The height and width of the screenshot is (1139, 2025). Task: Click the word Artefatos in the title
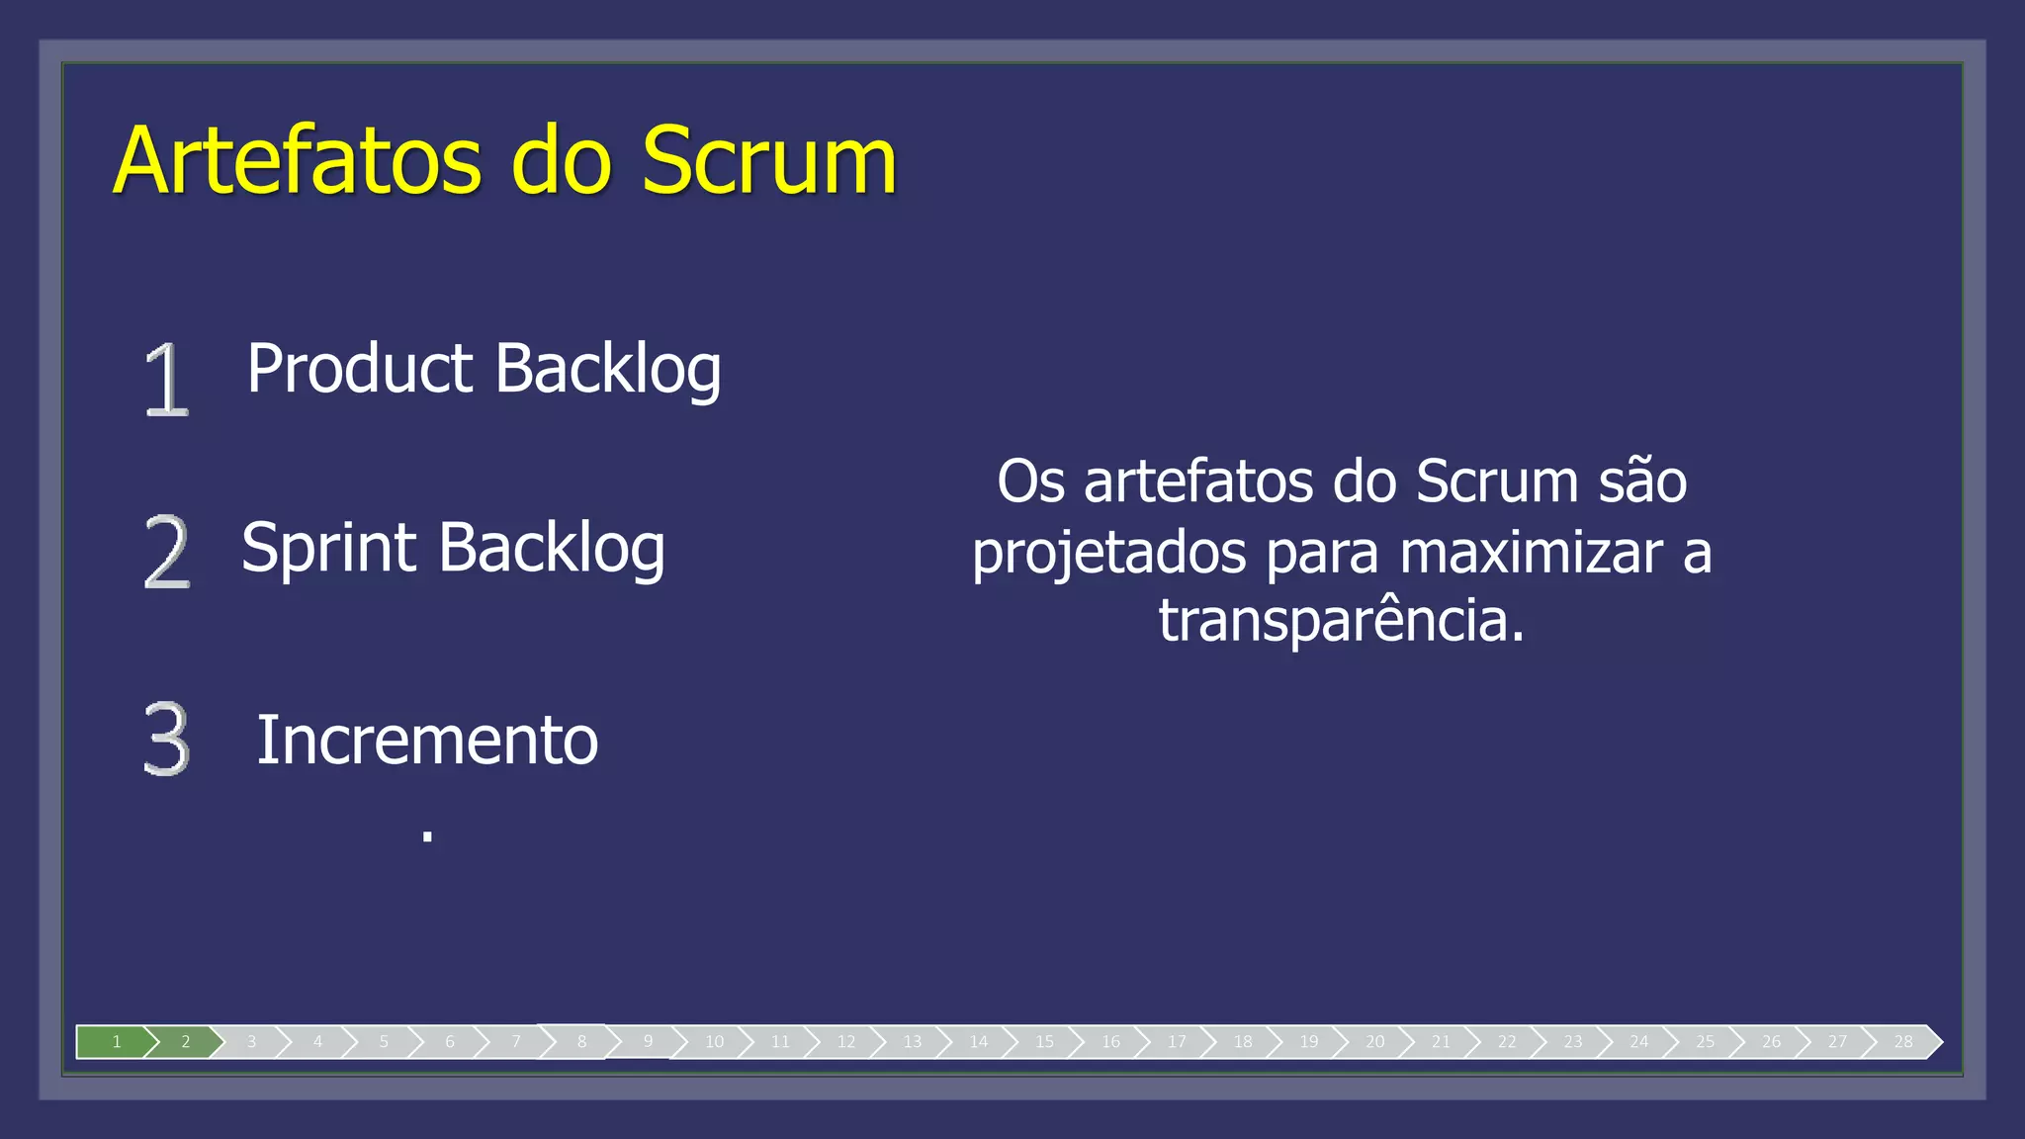(298, 160)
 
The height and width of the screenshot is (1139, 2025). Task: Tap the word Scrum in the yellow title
(768, 160)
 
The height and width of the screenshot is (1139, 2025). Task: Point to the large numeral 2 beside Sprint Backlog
(166, 552)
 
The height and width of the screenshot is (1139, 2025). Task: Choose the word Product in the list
(360, 370)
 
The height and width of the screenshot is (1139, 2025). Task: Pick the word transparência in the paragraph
(1342, 621)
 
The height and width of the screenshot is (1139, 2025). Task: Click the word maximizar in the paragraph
(1532, 552)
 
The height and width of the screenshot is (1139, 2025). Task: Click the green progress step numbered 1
(116, 1041)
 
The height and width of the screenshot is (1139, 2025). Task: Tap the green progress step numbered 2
(185, 1041)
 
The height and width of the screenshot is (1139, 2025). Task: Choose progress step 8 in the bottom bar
(581, 1041)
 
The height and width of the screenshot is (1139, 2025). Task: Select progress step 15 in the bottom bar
(1044, 1041)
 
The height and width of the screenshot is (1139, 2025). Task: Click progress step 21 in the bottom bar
(1441, 1041)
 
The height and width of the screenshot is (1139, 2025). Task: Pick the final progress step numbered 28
(1903, 1041)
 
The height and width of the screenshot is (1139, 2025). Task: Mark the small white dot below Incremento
(427, 835)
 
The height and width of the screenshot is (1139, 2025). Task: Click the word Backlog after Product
(607, 370)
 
